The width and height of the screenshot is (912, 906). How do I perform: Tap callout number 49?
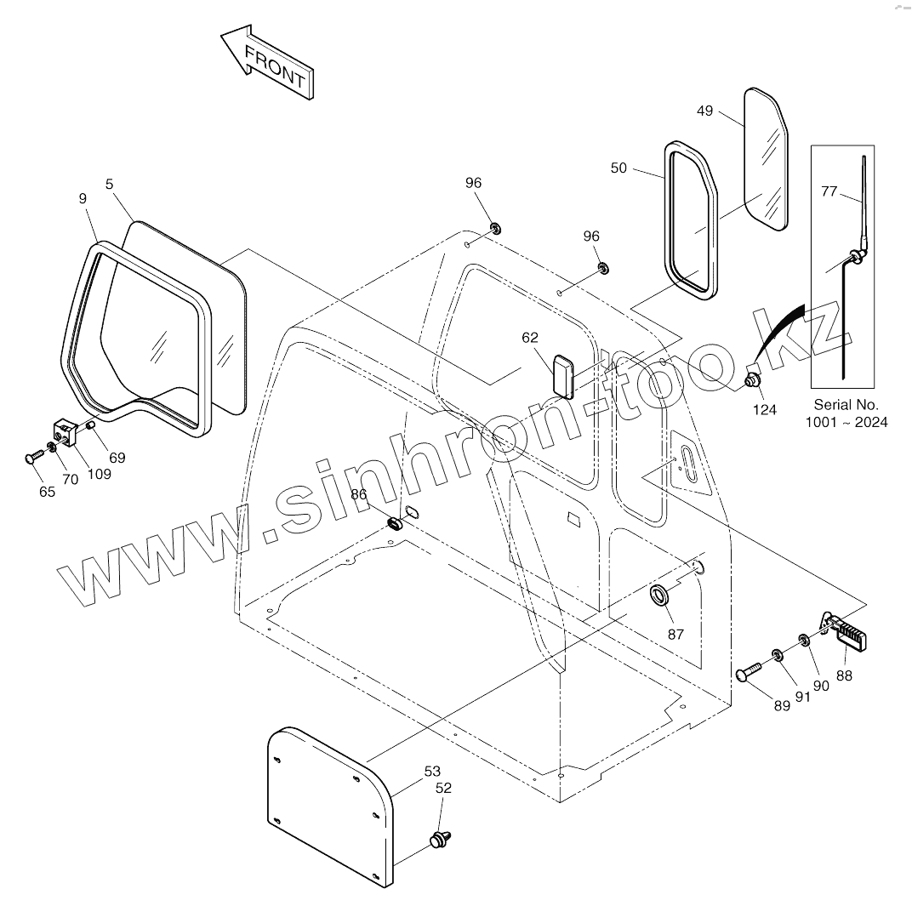704,111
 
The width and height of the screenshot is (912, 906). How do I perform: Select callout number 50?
618,168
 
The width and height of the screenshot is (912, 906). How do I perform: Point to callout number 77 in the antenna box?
829,191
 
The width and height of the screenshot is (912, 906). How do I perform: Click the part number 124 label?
764,410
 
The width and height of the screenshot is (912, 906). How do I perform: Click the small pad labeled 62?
562,374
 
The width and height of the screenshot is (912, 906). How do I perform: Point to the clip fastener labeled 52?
440,839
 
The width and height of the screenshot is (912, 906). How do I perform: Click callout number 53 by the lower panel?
432,772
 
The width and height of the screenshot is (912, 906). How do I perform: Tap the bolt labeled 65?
33,458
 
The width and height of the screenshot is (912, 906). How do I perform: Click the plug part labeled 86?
396,522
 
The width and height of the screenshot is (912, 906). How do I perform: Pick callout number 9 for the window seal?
83,199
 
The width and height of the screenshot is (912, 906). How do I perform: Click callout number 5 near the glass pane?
110,183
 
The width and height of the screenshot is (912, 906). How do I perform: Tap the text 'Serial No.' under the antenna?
846,405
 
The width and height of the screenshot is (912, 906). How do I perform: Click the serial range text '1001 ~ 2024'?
846,422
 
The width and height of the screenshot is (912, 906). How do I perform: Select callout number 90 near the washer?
820,686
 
